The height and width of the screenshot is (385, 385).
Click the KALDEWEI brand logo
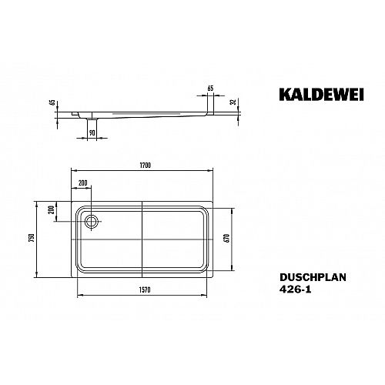[321, 95]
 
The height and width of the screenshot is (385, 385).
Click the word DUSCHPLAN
[313, 277]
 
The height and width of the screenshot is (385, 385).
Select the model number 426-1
[296, 290]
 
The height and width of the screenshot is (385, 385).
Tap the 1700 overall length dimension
[146, 166]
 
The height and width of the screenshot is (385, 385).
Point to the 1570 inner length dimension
[145, 290]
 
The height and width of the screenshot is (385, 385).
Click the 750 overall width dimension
[32, 239]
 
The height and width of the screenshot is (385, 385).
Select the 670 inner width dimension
[227, 239]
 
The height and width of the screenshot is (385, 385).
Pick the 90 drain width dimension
[92, 133]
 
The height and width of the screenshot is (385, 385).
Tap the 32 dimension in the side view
[233, 102]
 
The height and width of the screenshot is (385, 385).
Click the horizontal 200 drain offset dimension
[83, 182]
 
